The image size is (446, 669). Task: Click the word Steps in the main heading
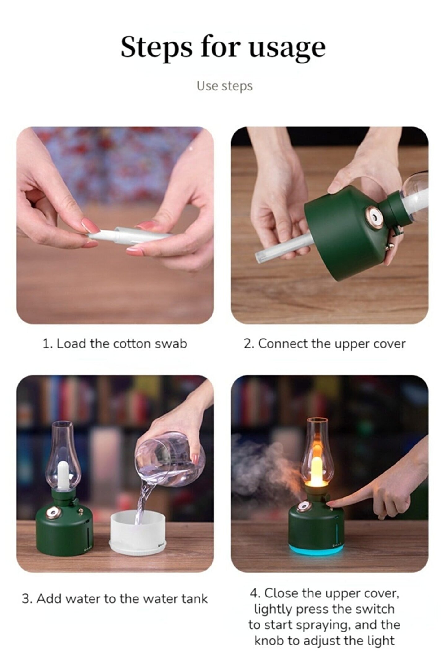pos(156,47)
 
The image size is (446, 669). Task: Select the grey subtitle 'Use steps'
pos(225,86)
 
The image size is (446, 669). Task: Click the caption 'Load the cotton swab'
pos(122,343)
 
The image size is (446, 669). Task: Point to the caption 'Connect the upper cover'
pos(332,344)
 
